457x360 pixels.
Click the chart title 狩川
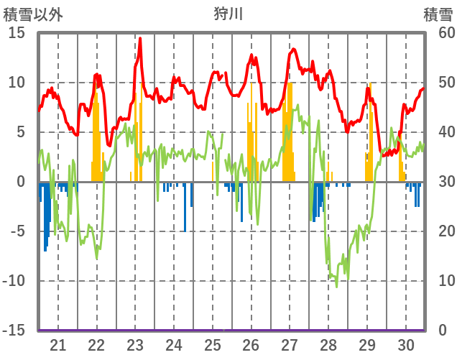click(228, 14)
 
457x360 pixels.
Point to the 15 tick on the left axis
click(17, 33)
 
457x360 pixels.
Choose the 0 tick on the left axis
click(22, 182)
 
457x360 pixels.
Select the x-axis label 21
click(58, 344)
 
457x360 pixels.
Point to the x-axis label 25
click(213, 344)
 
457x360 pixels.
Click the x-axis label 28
click(328, 344)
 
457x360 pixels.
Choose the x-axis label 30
click(406, 344)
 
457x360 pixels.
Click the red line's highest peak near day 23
click(140, 38)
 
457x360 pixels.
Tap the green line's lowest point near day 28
click(336, 286)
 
